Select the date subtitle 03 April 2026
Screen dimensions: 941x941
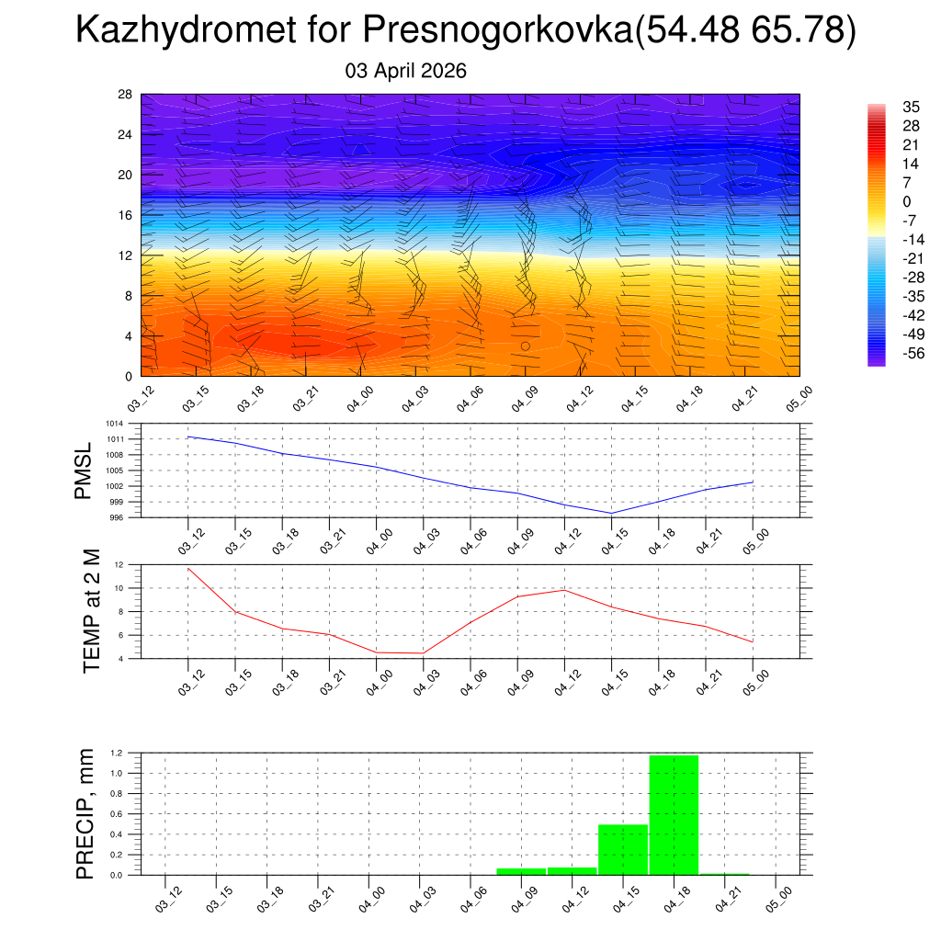(406, 71)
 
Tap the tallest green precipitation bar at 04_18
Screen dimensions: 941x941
(674, 814)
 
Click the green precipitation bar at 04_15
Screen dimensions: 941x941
(623, 849)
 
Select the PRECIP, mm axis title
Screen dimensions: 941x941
(85, 814)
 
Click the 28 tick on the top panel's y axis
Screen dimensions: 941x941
(125, 95)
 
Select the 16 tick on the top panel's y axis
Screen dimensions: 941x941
(125, 215)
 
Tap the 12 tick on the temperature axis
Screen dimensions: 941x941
(119, 564)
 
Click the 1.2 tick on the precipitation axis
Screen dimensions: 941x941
(117, 754)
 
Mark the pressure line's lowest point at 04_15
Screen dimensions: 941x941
(612, 513)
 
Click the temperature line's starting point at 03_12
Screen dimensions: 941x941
(188, 568)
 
